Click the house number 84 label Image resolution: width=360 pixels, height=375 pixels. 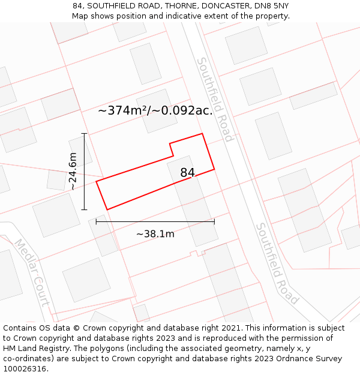(187, 173)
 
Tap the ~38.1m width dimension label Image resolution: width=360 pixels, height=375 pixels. (155, 234)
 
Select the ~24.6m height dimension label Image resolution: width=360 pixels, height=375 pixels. (73, 171)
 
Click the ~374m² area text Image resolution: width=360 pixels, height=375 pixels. (122, 110)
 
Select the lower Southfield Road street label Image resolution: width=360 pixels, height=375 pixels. (277, 263)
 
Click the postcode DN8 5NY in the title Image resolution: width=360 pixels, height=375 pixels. (271, 5)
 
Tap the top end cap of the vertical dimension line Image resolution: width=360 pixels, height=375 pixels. (84, 134)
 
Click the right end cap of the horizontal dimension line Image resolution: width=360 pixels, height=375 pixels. (214, 221)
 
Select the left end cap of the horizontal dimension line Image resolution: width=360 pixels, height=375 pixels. (96, 221)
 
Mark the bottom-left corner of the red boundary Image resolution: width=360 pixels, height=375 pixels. (107, 209)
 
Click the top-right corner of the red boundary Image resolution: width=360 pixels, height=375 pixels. (202, 134)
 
